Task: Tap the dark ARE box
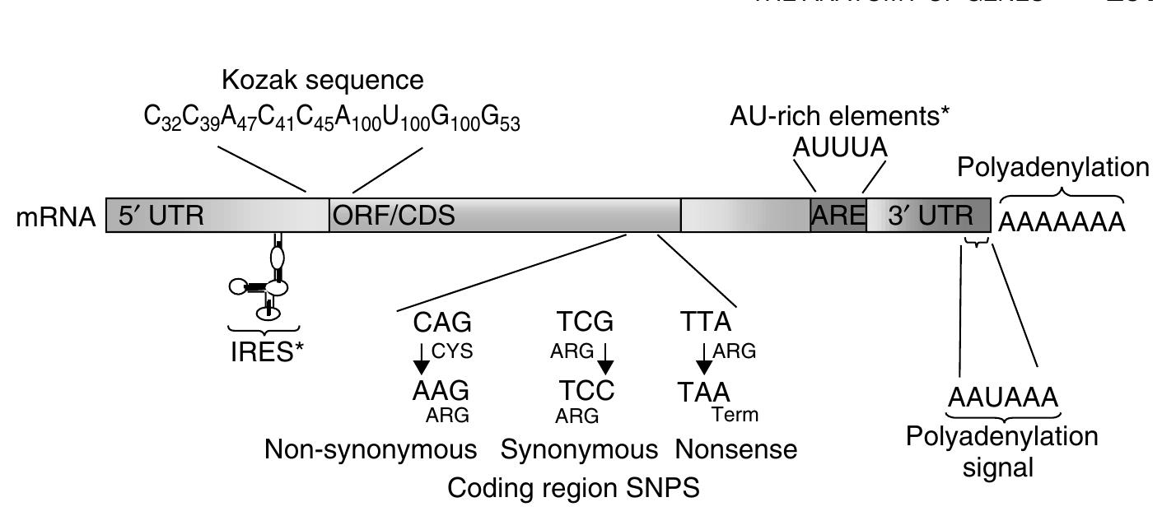[x=838, y=216]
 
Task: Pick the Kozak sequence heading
[x=324, y=81]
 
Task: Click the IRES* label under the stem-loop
[x=266, y=351]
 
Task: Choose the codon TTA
[x=705, y=322]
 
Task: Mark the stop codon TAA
[x=704, y=391]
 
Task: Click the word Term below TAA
[x=735, y=414]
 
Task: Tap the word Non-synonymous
[x=371, y=450]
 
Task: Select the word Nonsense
[x=736, y=450]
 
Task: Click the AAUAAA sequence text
[x=1001, y=398]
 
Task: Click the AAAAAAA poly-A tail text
[x=1062, y=222]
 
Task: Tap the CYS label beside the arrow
[x=452, y=352]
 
